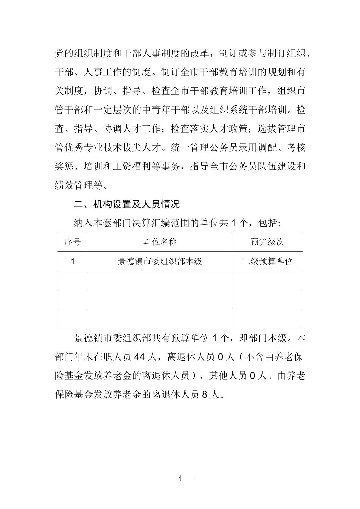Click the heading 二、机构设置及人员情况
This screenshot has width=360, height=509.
pyautogui.click(x=127, y=204)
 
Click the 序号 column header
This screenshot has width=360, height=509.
pyautogui.click(x=73, y=242)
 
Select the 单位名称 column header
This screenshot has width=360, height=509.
pyautogui.click(x=160, y=242)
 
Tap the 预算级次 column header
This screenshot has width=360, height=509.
pyautogui.click(x=267, y=242)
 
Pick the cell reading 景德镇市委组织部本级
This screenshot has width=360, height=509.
pyautogui.click(x=160, y=261)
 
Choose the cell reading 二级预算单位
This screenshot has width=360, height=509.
pyautogui.click(x=267, y=261)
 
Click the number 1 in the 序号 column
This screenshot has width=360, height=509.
pyautogui.click(x=73, y=261)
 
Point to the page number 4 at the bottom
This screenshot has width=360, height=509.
pyautogui.click(x=180, y=478)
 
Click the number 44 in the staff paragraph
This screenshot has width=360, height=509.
pyautogui.click(x=139, y=357)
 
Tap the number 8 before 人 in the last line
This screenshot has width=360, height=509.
pyautogui.click(x=205, y=395)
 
